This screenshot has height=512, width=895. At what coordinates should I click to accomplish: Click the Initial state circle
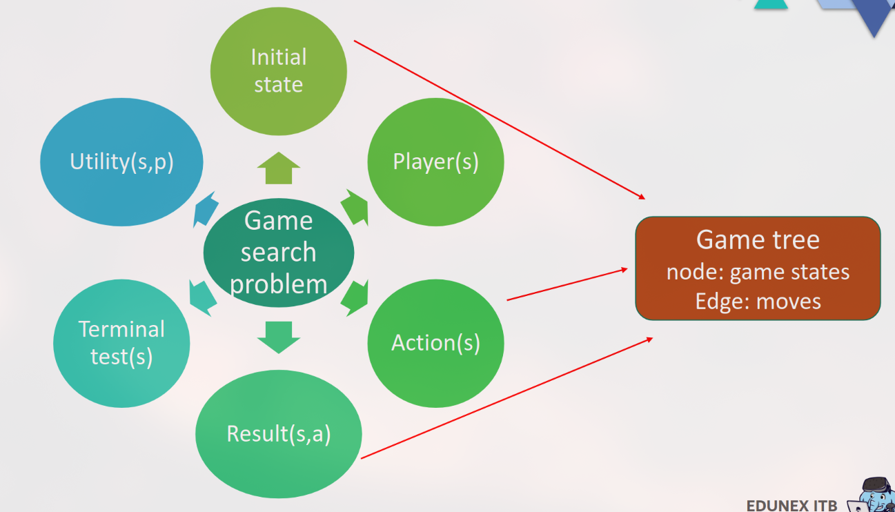[x=278, y=71]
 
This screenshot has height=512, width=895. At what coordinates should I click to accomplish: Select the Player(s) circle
[x=435, y=161]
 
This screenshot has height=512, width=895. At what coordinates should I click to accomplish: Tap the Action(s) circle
[x=435, y=343]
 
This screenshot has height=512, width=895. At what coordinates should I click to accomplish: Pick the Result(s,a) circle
[x=279, y=434]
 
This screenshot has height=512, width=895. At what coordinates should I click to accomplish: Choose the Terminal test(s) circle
[x=121, y=343]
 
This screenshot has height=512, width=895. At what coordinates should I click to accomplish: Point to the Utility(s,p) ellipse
[x=121, y=162]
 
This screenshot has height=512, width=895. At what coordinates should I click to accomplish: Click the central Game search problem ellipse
[x=279, y=253]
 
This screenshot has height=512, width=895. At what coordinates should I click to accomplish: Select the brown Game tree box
[x=758, y=268]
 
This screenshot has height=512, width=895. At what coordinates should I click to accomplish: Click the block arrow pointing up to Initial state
[x=279, y=168]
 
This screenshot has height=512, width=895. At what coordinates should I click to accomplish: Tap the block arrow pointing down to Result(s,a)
[x=279, y=336]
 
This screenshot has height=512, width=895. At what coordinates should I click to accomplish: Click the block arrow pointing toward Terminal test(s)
[x=201, y=297]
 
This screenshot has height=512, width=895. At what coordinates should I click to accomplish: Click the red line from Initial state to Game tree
[x=500, y=119]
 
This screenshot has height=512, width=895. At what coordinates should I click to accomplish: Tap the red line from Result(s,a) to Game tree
[x=506, y=398]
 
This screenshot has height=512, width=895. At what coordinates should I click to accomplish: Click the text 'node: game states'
[x=758, y=272]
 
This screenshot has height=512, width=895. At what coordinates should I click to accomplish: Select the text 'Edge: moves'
[x=758, y=301]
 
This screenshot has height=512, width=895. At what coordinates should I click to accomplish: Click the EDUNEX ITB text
[x=791, y=505]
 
